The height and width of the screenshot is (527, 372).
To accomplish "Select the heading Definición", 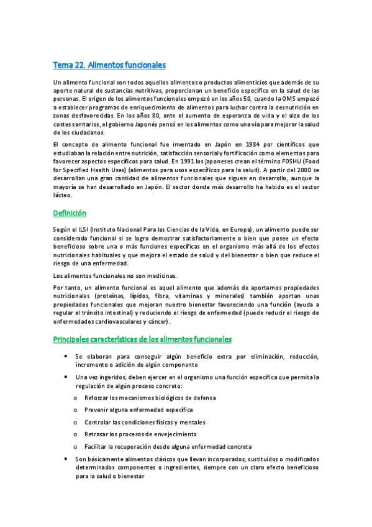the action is point(70,213).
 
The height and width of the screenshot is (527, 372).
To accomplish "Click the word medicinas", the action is point(141,275).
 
